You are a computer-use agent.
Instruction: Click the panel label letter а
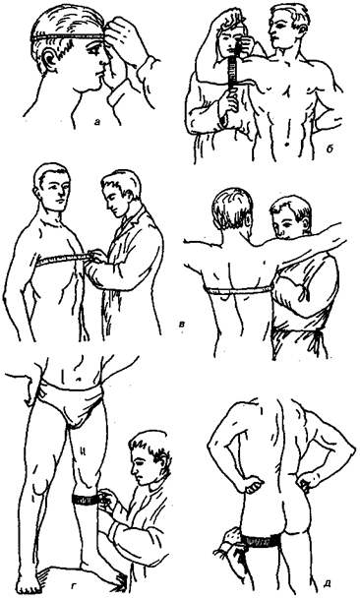(x=97, y=122)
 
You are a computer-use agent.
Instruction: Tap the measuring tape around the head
(x=69, y=37)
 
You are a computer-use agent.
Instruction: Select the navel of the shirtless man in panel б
(x=285, y=145)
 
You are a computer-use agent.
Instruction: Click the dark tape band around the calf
(x=86, y=500)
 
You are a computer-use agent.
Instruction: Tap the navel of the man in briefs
(x=79, y=379)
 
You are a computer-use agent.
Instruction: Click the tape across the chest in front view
(x=63, y=259)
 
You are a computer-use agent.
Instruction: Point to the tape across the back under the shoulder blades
(x=237, y=291)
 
